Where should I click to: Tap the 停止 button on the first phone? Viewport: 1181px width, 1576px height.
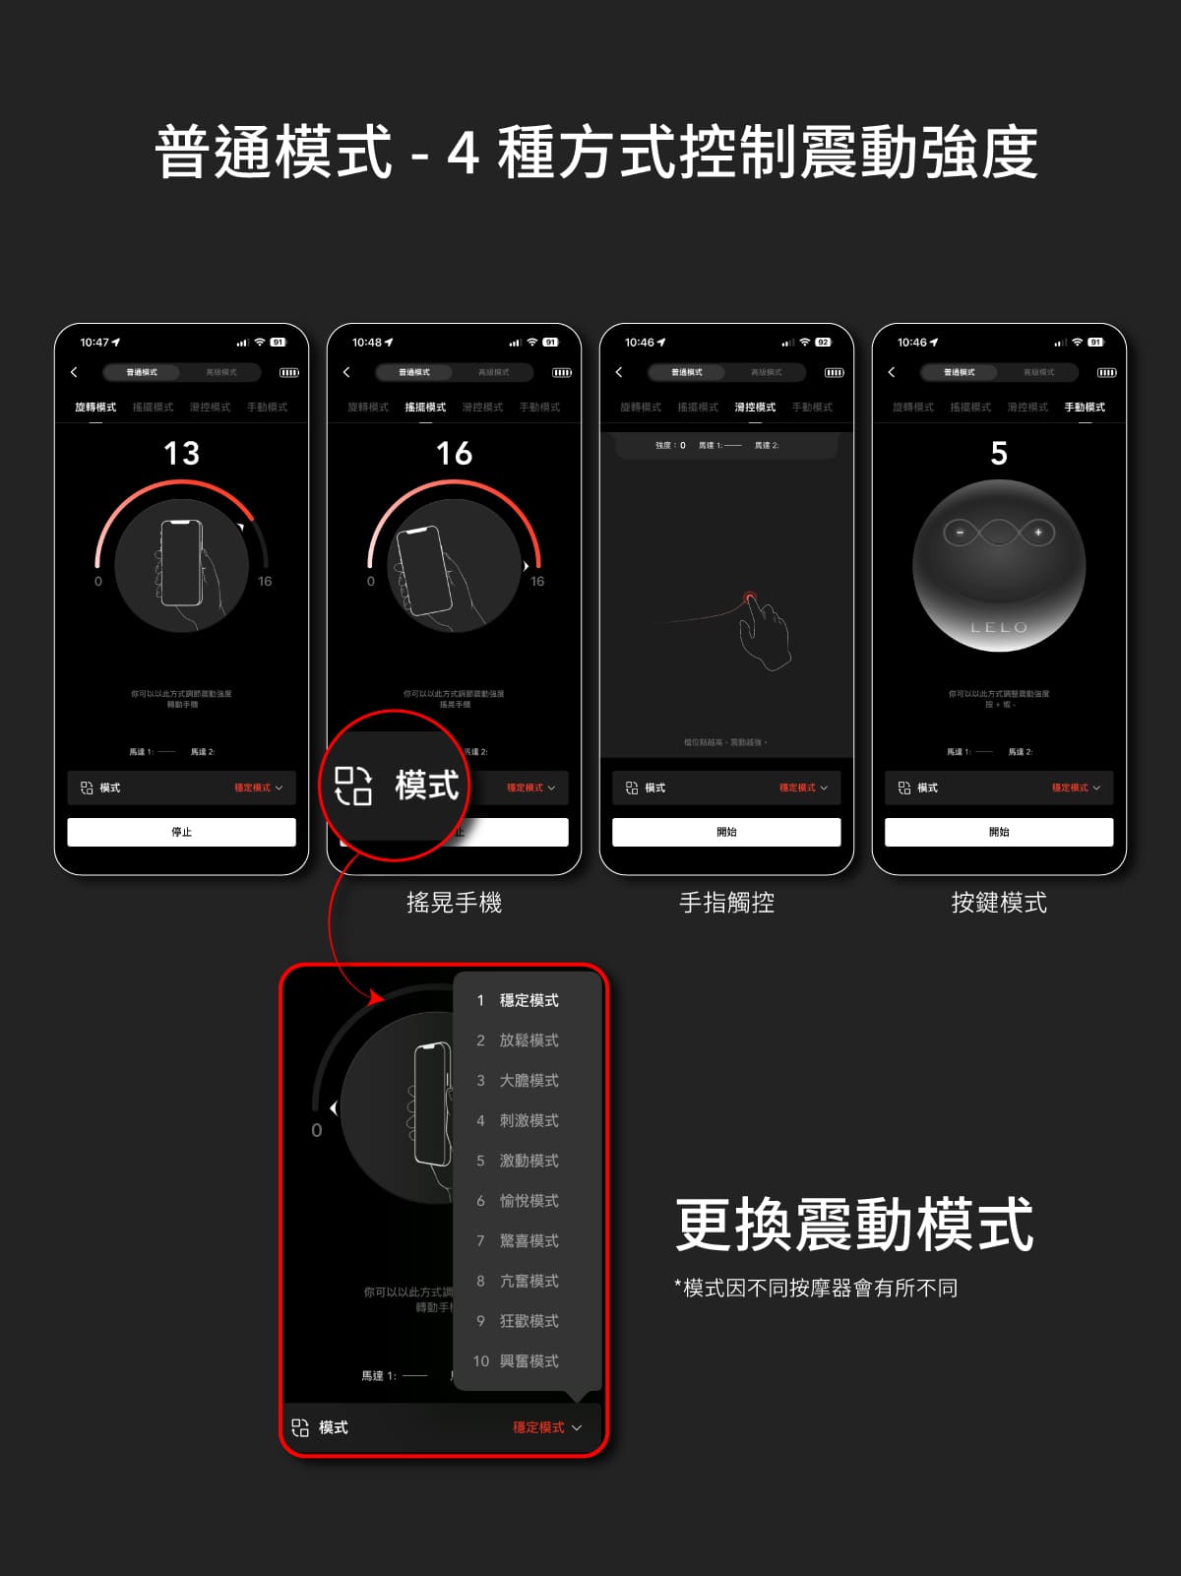pos(181,832)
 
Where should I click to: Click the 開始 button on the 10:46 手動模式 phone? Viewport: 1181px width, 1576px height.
pos(999,832)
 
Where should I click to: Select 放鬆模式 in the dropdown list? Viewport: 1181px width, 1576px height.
pos(528,1040)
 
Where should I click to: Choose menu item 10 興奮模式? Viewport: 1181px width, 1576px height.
pos(528,1361)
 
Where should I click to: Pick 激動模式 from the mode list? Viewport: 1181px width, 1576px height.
pos(528,1161)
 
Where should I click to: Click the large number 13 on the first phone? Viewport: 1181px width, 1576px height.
pos(182,454)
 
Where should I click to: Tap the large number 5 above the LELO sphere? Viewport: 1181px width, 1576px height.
pos(999,454)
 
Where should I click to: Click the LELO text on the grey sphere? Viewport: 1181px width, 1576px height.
pos(999,627)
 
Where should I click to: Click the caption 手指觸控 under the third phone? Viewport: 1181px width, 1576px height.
pos(726,903)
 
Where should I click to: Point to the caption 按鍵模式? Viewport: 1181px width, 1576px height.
pos(999,903)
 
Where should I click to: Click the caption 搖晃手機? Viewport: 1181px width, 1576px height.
pos(454,903)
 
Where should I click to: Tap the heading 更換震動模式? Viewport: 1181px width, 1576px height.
pos(854,1226)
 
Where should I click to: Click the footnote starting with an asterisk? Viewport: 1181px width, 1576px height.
pos(816,1289)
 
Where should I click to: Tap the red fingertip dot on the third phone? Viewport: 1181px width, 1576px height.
pos(750,597)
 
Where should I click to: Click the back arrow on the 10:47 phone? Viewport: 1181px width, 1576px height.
pos(74,372)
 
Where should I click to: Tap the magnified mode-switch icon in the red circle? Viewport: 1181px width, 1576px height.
pos(353,786)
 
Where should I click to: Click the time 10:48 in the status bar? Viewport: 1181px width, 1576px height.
pos(367,343)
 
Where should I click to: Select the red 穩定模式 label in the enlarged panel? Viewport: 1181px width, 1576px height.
pos(538,1427)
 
